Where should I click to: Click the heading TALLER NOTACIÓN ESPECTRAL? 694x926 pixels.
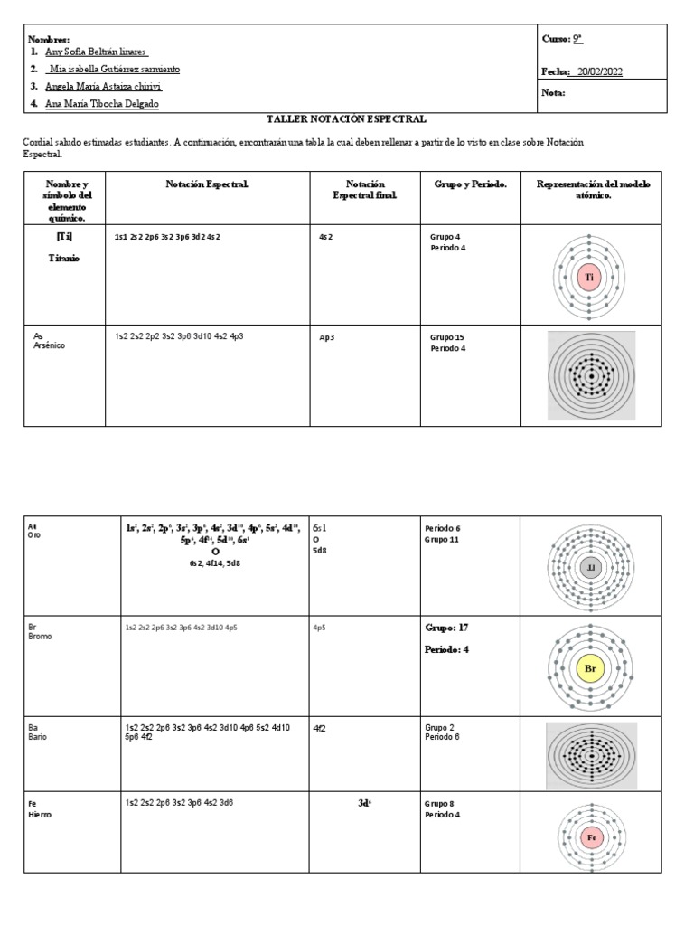pos(346,118)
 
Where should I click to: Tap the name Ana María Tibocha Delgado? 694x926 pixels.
pos(101,104)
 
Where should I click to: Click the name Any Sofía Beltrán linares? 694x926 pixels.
pos(95,52)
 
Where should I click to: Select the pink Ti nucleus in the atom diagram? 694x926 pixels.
pos(589,279)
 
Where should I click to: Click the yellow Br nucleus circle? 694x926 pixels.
pos(591,669)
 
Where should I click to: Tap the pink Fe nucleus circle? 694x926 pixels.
pos(592,837)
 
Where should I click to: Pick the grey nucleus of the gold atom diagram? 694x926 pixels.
pos(591,567)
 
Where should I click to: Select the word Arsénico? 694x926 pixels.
pos(51,345)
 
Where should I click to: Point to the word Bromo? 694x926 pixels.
pos(41,636)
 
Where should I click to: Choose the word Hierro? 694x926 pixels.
pos(40,814)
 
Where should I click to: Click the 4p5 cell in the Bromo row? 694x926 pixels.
pos(320,626)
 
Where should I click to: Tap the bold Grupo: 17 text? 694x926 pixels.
pos(446,627)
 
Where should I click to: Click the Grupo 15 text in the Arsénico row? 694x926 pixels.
pos(447,336)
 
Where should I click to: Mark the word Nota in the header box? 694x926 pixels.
pos(553,92)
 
